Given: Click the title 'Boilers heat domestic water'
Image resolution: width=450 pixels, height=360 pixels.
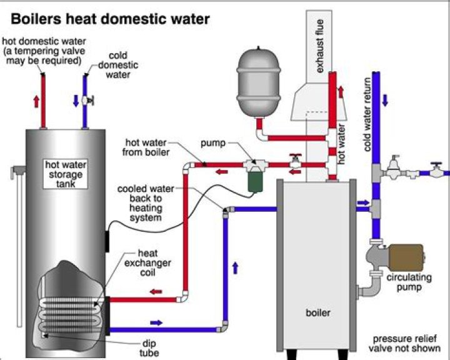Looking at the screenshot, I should click(x=107, y=19).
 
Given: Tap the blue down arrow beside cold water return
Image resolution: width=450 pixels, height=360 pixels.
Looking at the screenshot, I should click(x=385, y=99).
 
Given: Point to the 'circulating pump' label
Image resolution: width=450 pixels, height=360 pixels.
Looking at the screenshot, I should click(x=405, y=282).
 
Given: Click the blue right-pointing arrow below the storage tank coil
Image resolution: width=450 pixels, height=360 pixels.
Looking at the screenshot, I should click(x=156, y=322).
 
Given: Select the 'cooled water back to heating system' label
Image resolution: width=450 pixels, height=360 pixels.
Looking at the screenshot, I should click(x=144, y=203).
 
